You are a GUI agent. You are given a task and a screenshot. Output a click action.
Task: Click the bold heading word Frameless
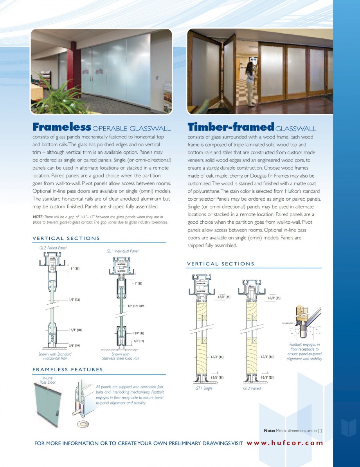62,127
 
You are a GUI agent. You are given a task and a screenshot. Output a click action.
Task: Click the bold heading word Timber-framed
230,127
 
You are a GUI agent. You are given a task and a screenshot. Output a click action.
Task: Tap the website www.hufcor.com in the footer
285,443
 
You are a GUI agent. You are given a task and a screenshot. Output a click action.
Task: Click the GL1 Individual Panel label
122,251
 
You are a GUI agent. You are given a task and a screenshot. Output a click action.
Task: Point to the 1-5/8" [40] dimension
75,330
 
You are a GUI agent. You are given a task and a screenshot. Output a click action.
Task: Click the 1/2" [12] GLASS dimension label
136,306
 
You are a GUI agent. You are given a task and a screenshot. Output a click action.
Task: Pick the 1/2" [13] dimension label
74,300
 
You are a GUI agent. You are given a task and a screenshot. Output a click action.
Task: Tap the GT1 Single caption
204,388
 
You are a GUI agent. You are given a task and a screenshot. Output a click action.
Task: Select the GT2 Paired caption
252,388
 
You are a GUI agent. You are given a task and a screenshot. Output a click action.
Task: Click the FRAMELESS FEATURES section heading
67,370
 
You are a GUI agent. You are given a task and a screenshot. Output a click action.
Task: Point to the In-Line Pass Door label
47,380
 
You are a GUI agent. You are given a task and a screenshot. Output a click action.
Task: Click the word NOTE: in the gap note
38,217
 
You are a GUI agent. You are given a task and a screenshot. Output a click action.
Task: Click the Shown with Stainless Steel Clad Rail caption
120,356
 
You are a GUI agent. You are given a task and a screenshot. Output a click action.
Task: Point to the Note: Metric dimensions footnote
293,431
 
